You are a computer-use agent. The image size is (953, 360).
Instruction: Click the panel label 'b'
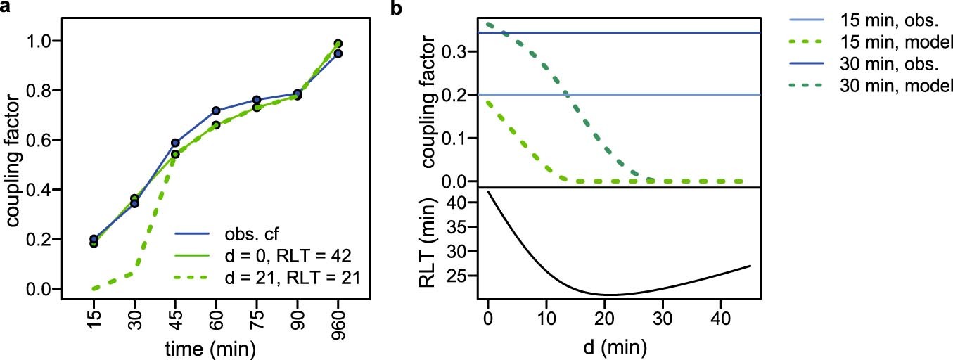click(397, 9)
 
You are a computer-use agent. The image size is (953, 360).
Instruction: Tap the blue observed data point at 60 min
click(216, 111)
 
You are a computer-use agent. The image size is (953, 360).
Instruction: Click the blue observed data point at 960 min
click(338, 53)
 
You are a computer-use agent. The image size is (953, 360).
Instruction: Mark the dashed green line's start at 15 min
click(94, 288)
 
